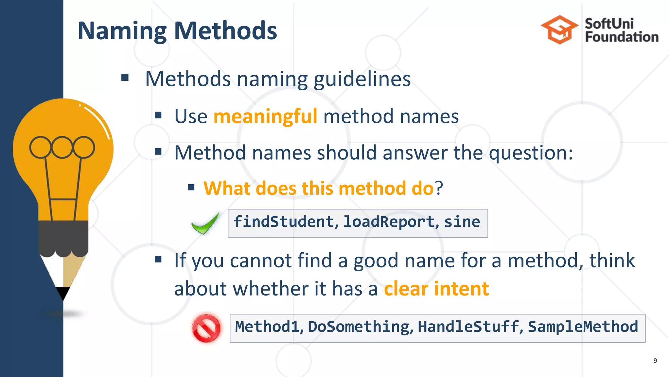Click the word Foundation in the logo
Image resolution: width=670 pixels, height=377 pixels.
622,37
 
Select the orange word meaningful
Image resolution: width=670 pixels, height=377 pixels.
265,117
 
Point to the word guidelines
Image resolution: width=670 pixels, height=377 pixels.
362,79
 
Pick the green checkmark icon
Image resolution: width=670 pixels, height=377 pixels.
205,224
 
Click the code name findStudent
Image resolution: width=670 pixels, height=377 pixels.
283,222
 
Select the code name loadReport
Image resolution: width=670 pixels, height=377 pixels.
389,222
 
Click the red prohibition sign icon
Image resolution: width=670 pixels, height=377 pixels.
206,328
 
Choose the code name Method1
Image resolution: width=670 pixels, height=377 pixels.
267,327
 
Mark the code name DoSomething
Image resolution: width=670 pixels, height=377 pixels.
359,327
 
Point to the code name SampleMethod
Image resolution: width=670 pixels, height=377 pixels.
583,327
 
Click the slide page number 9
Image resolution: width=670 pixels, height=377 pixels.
655,361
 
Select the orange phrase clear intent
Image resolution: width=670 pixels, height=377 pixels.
436,289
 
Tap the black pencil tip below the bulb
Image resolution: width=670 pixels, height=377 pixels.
62,293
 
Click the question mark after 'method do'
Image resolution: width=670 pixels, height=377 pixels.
439,188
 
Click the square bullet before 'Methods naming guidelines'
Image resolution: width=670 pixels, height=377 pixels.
125,78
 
